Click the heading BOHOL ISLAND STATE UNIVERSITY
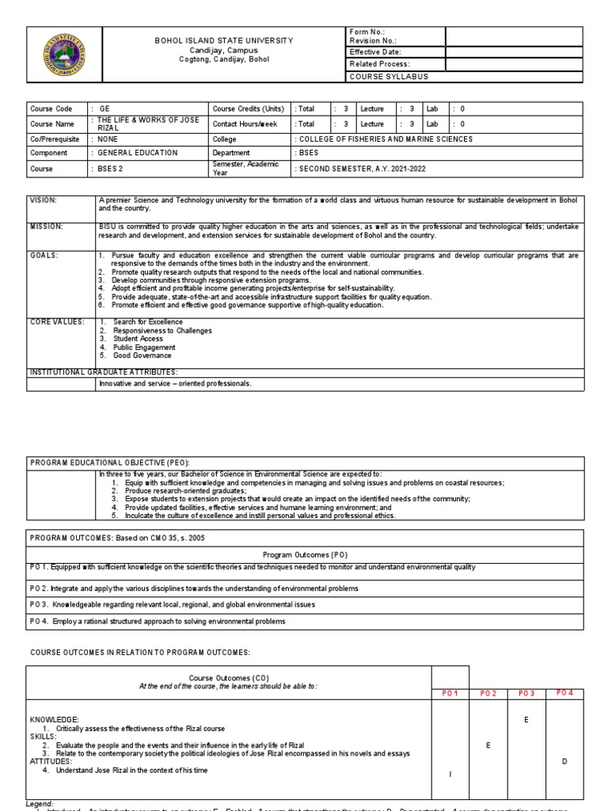(x=223, y=40)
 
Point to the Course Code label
(x=51, y=109)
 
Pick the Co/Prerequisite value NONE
(x=111, y=139)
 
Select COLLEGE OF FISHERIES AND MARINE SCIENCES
(x=384, y=139)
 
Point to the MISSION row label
(x=46, y=227)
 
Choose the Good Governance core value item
(x=142, y=356)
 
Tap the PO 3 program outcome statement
(x=172, y=604)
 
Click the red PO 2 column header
(x=488, y=693)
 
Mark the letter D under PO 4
(x=564, y=761)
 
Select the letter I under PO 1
(x=450, y=775)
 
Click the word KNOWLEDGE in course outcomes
(x=55, y=720)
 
